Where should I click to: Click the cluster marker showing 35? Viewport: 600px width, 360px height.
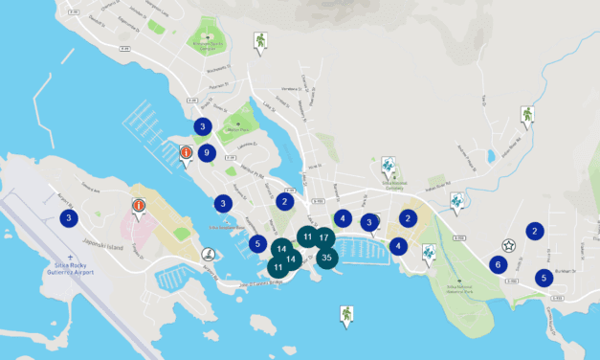coord(327,257)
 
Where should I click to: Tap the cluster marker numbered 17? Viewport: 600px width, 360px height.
coord(324,236)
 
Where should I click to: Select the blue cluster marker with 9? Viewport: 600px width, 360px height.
coord(206,151)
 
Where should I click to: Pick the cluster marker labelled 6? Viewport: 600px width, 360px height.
coord(497,264)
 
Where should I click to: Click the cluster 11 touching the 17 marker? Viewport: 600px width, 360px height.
coord(306,236)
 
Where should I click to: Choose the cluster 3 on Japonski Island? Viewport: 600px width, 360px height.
coord(69,218)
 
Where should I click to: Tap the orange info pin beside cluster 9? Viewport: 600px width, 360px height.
coord(187,152)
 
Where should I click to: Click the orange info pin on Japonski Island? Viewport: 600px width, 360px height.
coord(139,206)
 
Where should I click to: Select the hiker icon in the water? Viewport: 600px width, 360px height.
coord(346,313)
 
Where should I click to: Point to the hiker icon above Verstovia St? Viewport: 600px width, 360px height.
coord(259,41)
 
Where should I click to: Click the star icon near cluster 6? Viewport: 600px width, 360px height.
coord(509,245)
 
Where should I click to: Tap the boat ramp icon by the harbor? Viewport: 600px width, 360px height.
coord(208,255)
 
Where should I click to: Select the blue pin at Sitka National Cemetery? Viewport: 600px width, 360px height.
coord(388,166)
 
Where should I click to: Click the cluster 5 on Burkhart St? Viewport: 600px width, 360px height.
coord(544,278)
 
